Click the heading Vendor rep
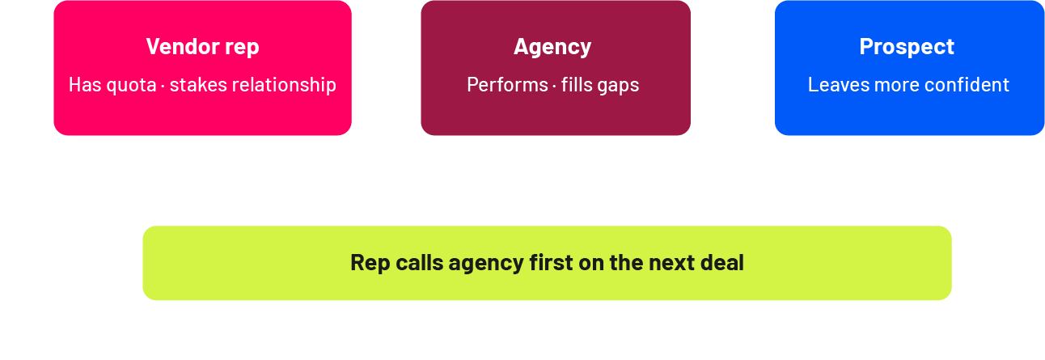pos(202,47)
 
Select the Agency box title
pos(552,47)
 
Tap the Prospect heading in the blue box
pos(907,47)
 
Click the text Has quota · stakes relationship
pos(202,85)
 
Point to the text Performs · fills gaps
pos(552,85)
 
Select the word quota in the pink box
pos(131,85)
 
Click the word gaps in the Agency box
pos(618,85)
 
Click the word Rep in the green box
pos(367,263)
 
